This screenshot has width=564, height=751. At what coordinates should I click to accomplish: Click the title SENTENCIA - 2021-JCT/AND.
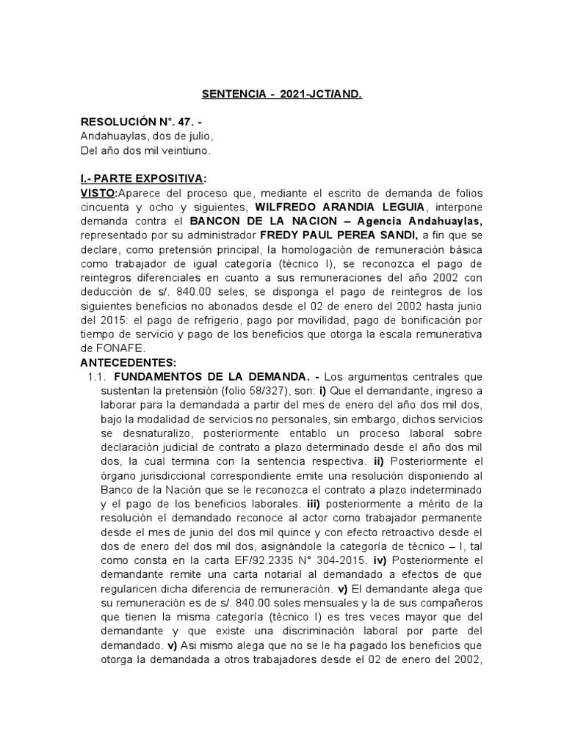(x=282, y=95)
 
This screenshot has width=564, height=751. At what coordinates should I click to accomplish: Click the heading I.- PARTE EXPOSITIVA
(x=142, y=179)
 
